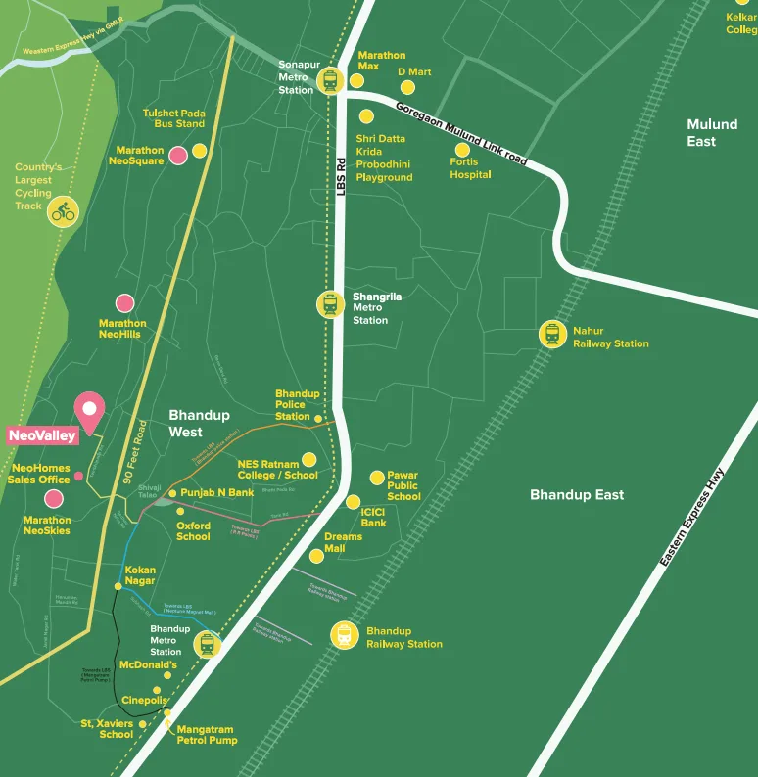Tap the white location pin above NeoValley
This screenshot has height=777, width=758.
pos(90,410)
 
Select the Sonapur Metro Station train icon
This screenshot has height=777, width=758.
pos(330,79)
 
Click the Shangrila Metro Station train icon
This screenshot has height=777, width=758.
pos(330,304)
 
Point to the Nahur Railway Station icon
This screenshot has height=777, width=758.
pos(553,335)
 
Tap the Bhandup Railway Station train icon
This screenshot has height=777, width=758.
pos(344,635)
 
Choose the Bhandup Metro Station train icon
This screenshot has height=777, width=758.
pos(207,643)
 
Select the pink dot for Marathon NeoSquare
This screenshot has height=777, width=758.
pos(178,155)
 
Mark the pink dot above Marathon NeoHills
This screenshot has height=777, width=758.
pos(125,304)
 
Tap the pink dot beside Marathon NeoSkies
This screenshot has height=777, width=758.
pos(54,499)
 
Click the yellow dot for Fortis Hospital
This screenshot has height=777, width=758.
pos(462,150)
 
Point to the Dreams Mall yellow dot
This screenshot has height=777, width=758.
pos(316,556)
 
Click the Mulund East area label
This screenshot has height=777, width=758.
pos(712,133)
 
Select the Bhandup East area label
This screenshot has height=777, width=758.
pos(578,495)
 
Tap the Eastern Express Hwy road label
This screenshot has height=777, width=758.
pos(693,518)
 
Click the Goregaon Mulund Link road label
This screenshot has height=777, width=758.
pos(460,132)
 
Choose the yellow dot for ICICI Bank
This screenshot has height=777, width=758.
pos(353,502)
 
